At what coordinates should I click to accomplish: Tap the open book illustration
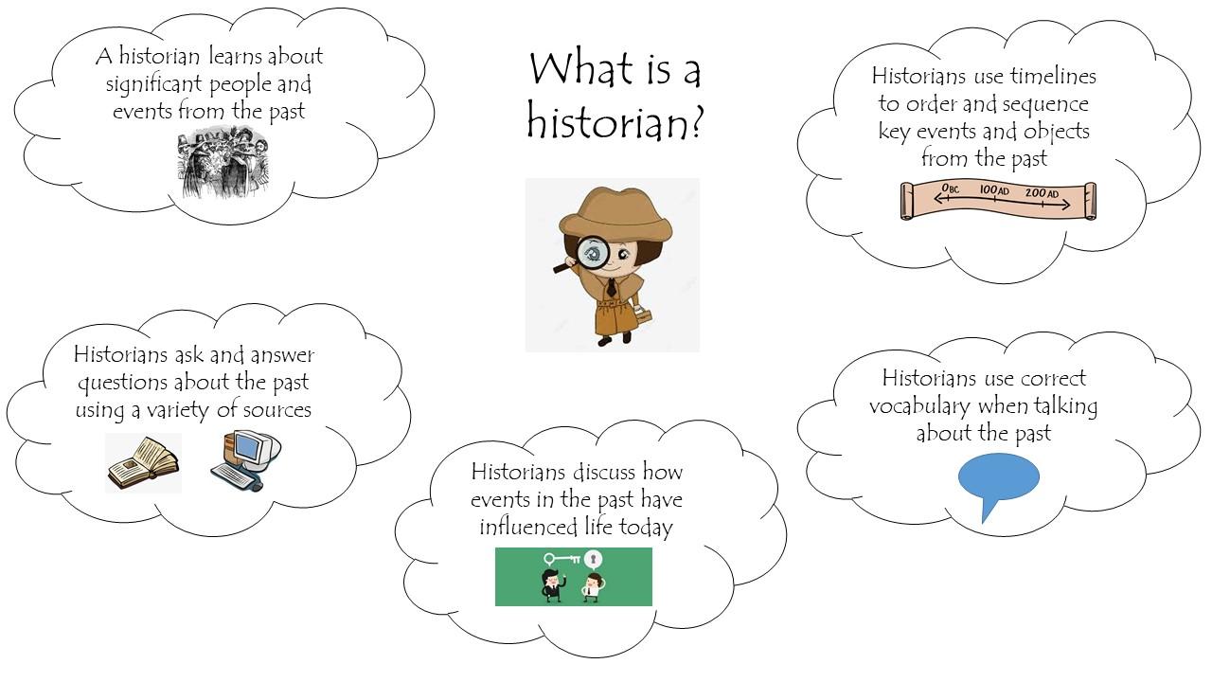point(143,464)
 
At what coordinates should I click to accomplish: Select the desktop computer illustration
point(246,460)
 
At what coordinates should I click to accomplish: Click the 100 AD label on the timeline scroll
point(994,190)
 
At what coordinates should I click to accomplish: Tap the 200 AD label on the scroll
point(1042,192)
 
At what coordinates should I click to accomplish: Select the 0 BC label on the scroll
point(950,188)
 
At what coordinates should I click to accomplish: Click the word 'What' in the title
point(581,69)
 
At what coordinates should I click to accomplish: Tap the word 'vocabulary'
point(919,406)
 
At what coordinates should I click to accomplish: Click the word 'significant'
point(153,85)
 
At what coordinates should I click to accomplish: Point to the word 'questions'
point(123,384)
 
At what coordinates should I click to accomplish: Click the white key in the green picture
point(562,559)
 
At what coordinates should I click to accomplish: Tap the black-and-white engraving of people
point(223,161)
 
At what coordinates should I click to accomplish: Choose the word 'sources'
point(277,410)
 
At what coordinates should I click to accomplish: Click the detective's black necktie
point(611,287)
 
